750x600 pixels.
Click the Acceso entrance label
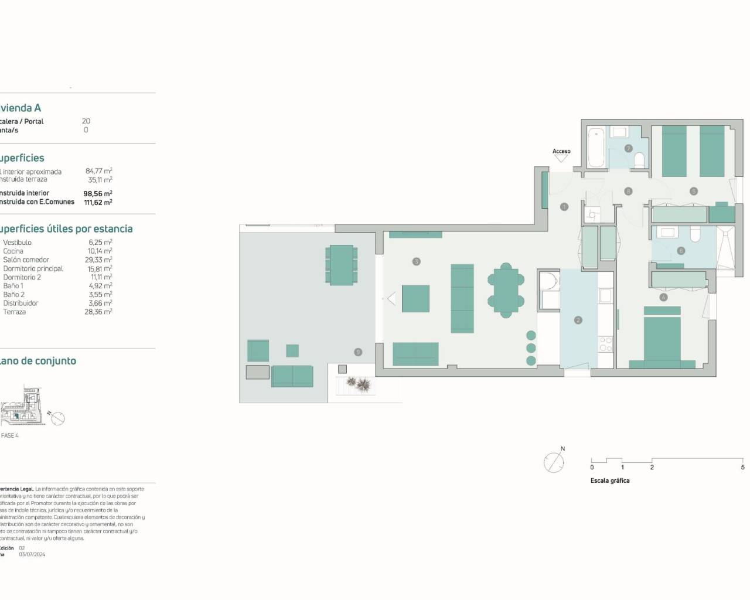(x=561, y=151)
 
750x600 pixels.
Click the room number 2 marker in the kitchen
(x=578, y=320)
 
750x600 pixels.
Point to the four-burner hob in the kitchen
(x=605, y=344)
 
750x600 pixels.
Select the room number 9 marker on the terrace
(x=357, y=352)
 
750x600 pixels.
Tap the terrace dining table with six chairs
(x=341, y=265)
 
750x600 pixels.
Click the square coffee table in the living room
(x=415, y=299)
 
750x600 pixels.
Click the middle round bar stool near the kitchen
(x=531, y=347)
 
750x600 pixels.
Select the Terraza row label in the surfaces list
(x=15, y=312)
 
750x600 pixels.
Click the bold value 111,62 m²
(x=98, y=202)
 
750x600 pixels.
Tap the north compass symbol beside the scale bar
(x=554, y=462)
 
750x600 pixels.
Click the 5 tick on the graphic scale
(x=742, y=467)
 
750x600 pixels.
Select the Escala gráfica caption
(x=609, y=480)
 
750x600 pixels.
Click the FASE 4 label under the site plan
(x=10, y=435)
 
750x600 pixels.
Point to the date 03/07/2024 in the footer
(x=32, y=554)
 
